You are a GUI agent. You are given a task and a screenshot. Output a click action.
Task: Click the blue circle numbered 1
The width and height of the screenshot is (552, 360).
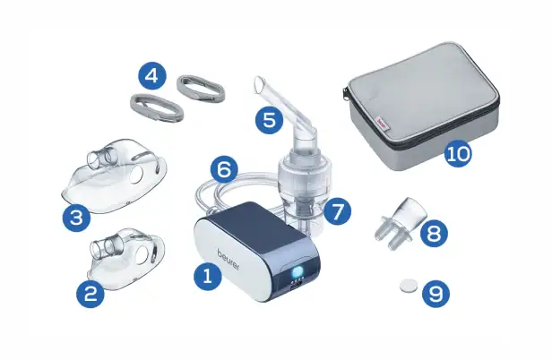pos(208,276)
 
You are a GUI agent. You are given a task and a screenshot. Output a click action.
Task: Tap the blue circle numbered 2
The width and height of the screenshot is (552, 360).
pos(91,294)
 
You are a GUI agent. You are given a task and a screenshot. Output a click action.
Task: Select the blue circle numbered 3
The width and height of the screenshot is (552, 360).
pos(76,218)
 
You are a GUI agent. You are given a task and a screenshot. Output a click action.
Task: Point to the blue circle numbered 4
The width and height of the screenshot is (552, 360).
pos(152,75)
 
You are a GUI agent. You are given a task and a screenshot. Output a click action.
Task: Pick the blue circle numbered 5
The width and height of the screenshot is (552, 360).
pos(270,120)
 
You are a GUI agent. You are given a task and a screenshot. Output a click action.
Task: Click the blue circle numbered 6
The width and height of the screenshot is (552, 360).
pos(225,169)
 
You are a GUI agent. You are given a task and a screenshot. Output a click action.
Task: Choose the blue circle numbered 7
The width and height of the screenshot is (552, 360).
pos(337,212)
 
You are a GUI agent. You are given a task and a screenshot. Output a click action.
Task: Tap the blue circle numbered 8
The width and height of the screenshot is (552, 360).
pos(434,233)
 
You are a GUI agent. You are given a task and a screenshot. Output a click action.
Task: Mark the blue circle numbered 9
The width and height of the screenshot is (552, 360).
pos(436,294)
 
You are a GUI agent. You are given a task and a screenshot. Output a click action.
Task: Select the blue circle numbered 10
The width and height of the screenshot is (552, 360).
pos(459,153)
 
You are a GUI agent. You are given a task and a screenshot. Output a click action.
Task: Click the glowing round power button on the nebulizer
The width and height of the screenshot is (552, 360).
pos(298,272)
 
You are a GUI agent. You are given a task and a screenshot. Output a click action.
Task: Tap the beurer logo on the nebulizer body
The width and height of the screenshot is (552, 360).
pos(229,259)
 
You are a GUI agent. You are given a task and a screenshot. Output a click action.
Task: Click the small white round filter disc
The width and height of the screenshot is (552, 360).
pos(409,285)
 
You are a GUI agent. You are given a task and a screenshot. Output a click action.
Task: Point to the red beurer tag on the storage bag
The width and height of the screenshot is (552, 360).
pos(382,124)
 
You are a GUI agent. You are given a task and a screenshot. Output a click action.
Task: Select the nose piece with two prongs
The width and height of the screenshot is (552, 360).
pos(401,222)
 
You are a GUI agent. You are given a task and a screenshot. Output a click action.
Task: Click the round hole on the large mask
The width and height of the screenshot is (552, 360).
pos(136,175)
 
